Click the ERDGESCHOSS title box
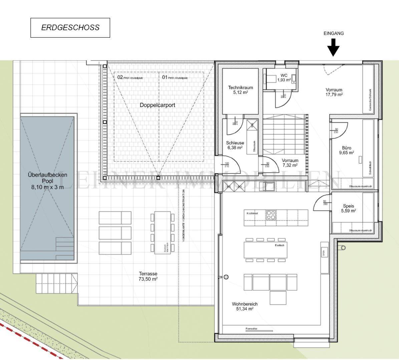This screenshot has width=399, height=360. pos(70,28)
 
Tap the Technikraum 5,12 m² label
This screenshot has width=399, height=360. pos(241,90)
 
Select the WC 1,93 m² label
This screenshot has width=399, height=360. pos(284,78)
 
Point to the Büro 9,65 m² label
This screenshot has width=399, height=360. pos(347,150)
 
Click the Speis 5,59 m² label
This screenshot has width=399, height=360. pos(348,208)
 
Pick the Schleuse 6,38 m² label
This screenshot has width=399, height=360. pos(235,145)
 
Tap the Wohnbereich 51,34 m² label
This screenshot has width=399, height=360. pos(245,306)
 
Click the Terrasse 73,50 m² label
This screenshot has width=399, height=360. pos(148,276)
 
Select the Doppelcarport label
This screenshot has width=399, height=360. pos(157,105)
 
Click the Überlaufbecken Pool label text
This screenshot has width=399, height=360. pos(47,181)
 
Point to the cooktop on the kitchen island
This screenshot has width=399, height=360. pos(271,215)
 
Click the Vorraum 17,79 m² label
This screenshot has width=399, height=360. pos(334,92)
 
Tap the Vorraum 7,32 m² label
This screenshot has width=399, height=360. pos(290,163)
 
